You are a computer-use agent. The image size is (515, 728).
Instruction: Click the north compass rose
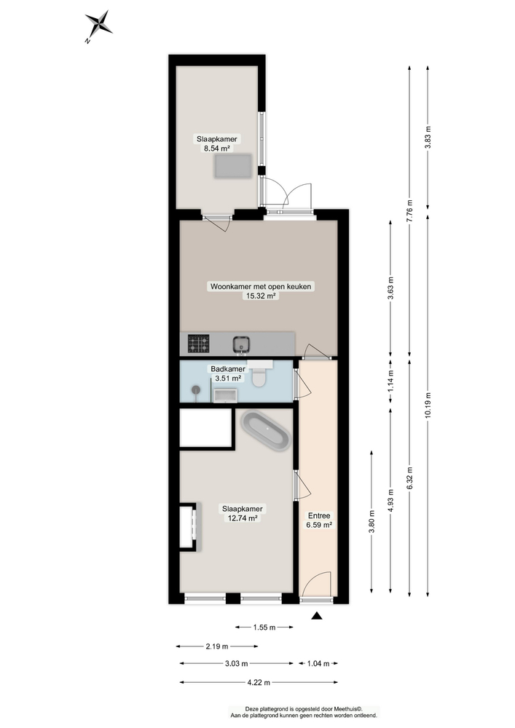98,25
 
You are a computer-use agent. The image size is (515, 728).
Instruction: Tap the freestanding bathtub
266,431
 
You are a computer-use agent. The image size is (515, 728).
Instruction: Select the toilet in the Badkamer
259,376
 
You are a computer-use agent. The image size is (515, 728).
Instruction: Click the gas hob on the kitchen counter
198,344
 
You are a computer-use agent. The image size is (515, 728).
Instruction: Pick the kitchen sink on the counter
242,344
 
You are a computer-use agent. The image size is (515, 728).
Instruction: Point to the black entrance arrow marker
317,616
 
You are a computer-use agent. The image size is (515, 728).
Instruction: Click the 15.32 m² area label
261,296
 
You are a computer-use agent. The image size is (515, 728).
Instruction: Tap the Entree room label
319,515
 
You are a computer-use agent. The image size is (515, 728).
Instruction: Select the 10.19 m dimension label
428,405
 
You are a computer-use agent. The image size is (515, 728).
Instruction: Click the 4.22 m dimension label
259,683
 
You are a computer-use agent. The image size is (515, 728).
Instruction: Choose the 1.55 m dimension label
264,628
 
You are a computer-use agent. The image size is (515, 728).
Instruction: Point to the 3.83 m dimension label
428,138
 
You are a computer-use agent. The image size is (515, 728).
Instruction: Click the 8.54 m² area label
217,149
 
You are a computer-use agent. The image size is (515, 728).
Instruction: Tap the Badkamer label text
227,369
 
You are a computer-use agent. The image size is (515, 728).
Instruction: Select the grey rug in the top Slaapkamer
232,166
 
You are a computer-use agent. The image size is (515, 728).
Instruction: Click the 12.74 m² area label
242,518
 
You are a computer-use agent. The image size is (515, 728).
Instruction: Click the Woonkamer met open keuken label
261,286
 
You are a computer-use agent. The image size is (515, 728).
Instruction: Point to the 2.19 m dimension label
217,646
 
